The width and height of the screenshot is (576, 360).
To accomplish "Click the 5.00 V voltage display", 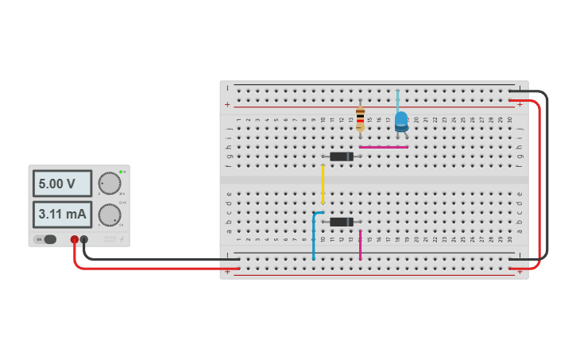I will (62, 184).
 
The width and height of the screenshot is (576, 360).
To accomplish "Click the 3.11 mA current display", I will (62, 214).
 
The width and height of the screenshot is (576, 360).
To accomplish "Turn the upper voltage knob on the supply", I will (109, 184).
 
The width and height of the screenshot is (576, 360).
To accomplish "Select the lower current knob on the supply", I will (109, 215).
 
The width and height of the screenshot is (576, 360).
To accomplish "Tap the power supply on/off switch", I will (49, 239).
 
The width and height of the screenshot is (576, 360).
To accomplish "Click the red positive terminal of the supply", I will (75, 239).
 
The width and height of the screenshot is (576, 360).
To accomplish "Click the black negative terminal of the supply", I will (84, 239).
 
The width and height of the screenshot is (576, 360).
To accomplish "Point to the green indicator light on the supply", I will (121, 172).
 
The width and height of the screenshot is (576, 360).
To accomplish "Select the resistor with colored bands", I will (360, 118).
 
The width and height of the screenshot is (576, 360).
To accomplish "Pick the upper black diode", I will (342, 157).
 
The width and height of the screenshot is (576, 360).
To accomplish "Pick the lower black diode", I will (342, 222).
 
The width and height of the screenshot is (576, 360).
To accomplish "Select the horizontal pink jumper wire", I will (383, 147).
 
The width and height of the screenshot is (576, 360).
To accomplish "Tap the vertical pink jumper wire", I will (360, 246).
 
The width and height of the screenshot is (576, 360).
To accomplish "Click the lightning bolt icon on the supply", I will (122, 238).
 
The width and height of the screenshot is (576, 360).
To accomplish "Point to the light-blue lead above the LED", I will (398, 100).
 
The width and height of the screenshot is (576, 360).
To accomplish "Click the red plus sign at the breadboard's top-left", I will (228, 104).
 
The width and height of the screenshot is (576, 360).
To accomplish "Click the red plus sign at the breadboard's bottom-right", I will (520, 271).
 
